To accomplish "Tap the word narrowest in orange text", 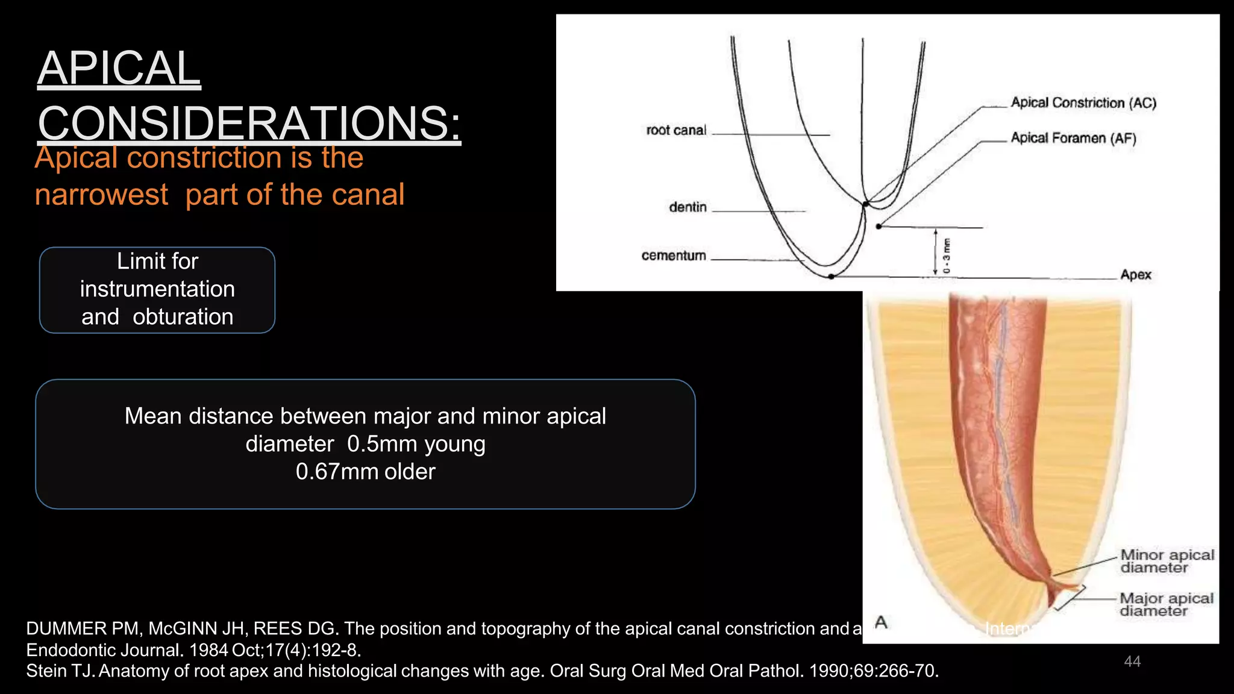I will pyautogui.click(x=101, y=195).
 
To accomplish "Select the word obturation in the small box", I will pyautogui.click(x=183, y=317).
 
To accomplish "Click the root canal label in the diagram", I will pyautogui.click(x=675, y=130).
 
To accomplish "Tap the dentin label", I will pyautogui.click(x=687, y=207).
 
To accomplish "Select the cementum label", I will pyautogui.click(x=674, y=255).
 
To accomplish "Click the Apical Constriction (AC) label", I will pyautogui.click(x=1083, y=102).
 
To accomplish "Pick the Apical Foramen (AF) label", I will pyautogui.click(x=1073, y=138).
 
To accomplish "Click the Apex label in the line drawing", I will pyautogui.click(x=1135, y=275).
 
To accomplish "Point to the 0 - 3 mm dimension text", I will pyautogui.click(x=947, y=256).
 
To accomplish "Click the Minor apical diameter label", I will pyautogui.click(x=1167, y=561).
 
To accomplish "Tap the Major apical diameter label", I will pyautogui.click(x=1166, y=604).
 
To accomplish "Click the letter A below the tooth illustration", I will pyautogui.click(x=881, y=622).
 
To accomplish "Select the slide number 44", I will pyautogui.click(x=1132, y=661).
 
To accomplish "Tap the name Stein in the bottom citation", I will pyautogui.click(x=46, y=671).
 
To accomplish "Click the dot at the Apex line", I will pyautogui.click(x=831, y=277).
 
